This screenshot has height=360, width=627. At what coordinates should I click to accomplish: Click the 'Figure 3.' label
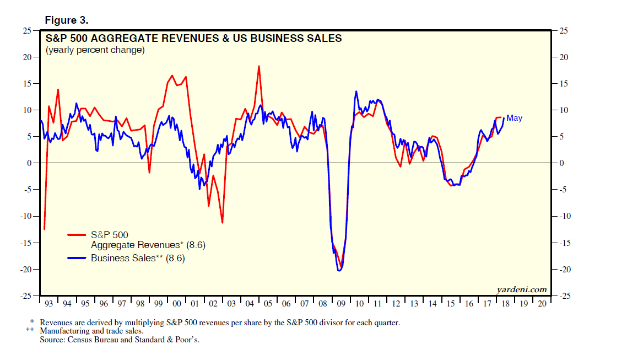click(x=66, y=20)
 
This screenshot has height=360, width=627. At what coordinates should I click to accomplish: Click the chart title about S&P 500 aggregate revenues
click(x=193, y=39)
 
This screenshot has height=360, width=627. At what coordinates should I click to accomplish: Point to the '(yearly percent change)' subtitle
click(x=95, y=50)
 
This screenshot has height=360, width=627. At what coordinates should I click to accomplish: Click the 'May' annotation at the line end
click(x=514, y=118)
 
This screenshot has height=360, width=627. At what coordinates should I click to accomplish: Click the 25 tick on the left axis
click(x=26, y=31)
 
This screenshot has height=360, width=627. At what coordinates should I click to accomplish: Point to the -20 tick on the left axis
click(x=24, y=269)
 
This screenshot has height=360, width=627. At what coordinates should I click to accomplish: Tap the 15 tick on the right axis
click(x=563, y=84)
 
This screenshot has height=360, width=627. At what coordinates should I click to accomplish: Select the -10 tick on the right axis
click(x=564, y=216)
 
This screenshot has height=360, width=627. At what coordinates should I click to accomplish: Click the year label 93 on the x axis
click(x=48, y=304)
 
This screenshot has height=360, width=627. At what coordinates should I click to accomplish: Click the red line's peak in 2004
click(x=258, y=66)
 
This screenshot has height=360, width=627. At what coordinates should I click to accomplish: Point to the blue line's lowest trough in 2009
click(x=339, y=270)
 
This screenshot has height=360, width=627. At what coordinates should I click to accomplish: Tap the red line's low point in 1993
click(x=44, y=229)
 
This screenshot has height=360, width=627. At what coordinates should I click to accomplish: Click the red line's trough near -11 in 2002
click(x=222, y=223)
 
